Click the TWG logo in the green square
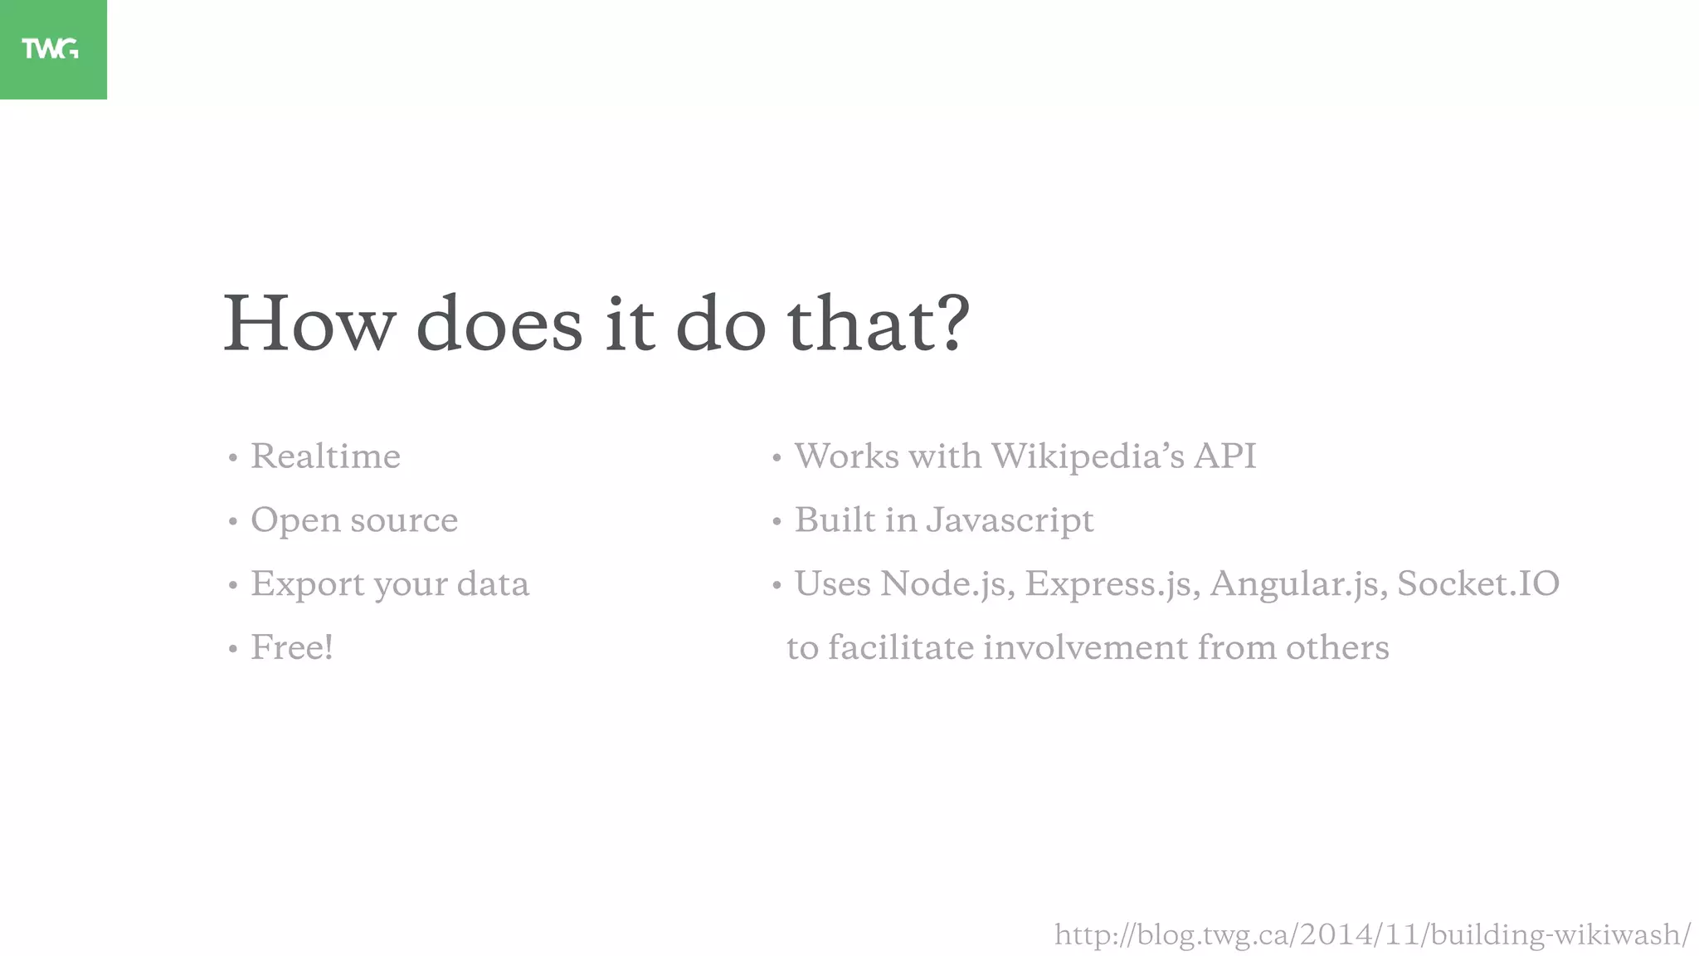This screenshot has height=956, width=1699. pyautogui.click(x=51, y=49)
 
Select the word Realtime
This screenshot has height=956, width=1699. pyautogui.click(x=325, y=456)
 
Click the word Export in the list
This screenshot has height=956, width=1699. pyautogui.click(x=308, y=584)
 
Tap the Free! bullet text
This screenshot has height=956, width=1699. pyautogui.click(x=292, y=647)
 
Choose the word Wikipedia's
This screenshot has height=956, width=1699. pyautogui.click(x=1088, y=456)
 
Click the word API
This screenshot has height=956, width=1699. pyautogui.click(x=1224, y=456)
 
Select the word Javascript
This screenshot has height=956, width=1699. pyautogui.click(x=1010, y=521)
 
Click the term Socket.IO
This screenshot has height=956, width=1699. pyautogui.click(x=1478, y=583)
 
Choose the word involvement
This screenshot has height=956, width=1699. pyautogui.click(x=1085, y=647)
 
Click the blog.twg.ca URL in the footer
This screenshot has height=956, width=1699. pyautogui.click(x=1372, y=935)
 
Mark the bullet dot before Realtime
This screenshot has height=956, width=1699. pyautogui.click(x=233, y=458)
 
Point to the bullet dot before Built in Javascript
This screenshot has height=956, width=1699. pyautogui.click(x=776, y=522)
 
